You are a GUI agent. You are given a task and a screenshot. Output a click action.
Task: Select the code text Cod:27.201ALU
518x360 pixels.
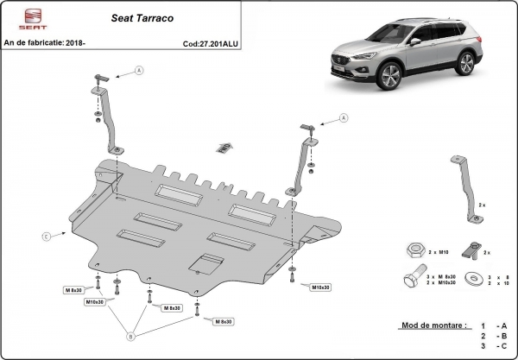[x=214, y=42]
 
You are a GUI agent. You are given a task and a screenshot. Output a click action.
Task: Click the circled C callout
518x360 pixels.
[x=44, y=234]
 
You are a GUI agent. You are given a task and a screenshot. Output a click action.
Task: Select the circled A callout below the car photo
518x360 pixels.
[x=343, y=117]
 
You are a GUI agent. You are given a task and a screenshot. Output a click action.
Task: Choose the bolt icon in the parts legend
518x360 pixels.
[x=411, y=280]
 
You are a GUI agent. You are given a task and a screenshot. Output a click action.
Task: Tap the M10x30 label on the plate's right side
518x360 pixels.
[x=323, y=286]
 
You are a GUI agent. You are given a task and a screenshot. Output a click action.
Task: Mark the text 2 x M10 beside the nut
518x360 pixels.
[x=438, y=251]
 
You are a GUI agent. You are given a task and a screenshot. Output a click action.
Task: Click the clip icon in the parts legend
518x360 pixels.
[x=472, y=250]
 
